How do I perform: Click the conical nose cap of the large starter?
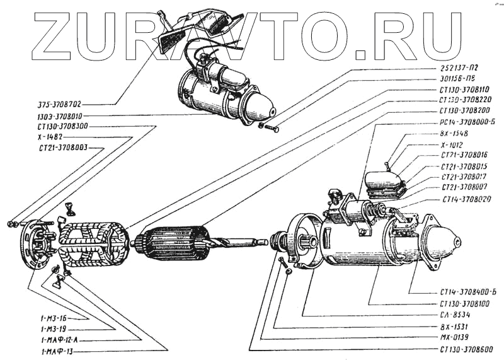(x=444, y=243)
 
